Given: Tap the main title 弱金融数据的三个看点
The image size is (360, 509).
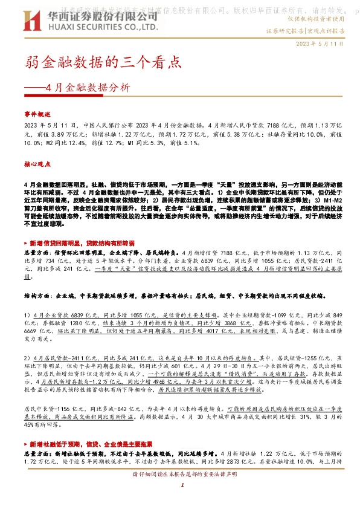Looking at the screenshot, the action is coord(102,62).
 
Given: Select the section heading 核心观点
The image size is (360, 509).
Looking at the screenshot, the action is coord(37,164).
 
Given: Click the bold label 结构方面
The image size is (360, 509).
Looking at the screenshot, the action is coord(37,298).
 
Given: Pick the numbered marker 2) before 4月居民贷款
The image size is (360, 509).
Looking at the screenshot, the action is coord(27,358).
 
